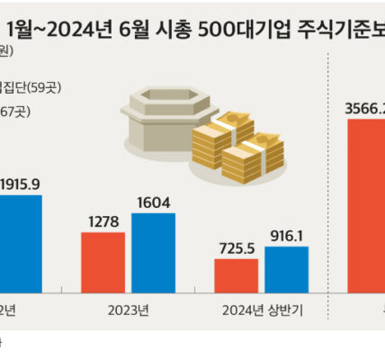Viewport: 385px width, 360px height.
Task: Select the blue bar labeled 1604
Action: pyautogui.click(x=153, y=252)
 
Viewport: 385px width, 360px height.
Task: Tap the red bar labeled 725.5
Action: pyautogui.click(x=236, y=275)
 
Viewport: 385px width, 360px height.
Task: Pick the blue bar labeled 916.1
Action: pyautogui.click(x=287, y=269)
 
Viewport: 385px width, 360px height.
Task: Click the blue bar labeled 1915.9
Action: pyautogui.click(x=20, y=243)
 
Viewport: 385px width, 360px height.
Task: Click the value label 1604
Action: pyautogui.click(x=153, y=202)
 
